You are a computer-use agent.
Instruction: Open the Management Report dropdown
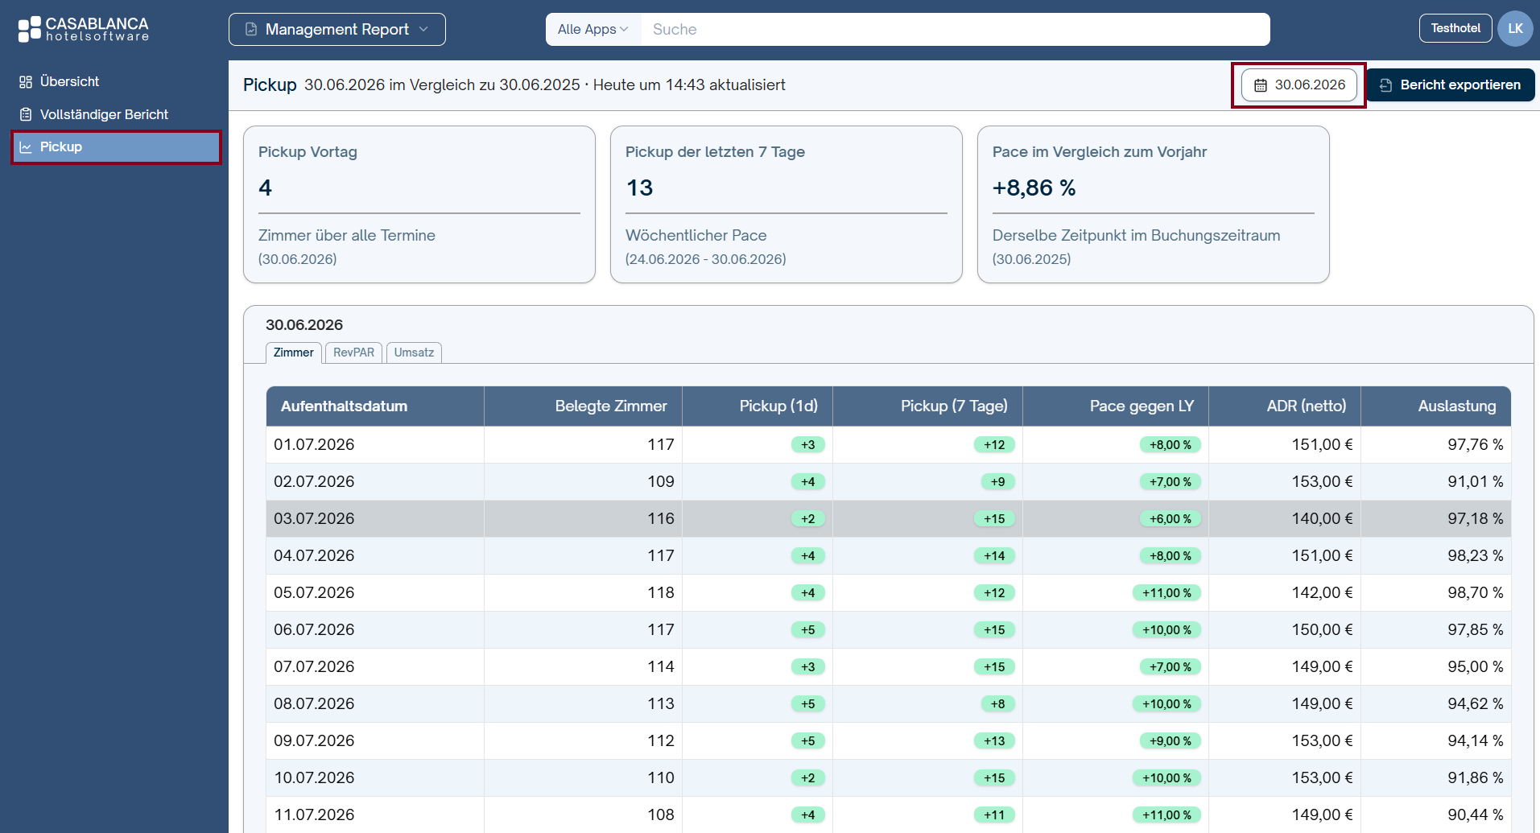(336, 30)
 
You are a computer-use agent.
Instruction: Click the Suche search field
(955, 30)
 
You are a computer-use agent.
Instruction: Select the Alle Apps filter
(593, 30)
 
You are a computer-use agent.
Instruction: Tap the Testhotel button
(1455, 28)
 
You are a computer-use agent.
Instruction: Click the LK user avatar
(1515, 29)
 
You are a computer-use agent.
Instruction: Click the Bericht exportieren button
(1451, 85)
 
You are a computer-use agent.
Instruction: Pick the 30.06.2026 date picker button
(1299, 85)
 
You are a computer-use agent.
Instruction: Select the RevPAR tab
(353, 353)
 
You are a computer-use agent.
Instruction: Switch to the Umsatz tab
(414, 353)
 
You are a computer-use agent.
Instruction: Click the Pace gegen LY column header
(1142, 406)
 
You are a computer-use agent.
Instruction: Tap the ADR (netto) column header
(1306, 406)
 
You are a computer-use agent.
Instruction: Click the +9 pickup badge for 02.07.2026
(997, 481)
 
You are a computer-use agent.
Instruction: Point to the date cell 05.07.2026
(314, 592)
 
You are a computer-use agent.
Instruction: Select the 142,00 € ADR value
(1323, 592)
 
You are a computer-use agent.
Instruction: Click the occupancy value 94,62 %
(1476, 703)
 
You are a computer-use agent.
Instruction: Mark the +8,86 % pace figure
(1034, 188)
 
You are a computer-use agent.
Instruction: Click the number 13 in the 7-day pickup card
(639, 188)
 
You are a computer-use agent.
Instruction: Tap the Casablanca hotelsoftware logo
(84, 29)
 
